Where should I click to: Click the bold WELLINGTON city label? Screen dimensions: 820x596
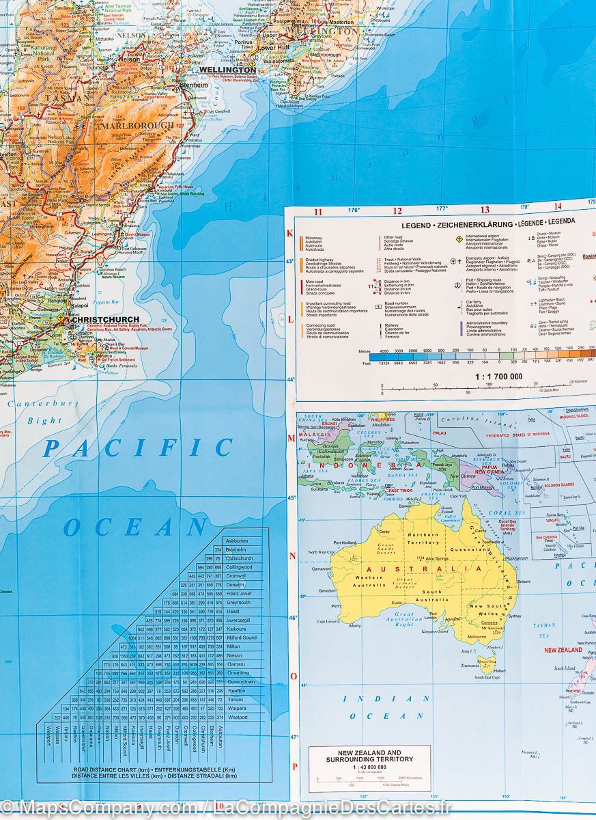227,70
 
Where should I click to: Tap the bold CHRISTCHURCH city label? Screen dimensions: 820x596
104,319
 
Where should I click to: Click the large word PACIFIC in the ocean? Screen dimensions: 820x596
137,448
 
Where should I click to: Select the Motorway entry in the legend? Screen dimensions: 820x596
316,236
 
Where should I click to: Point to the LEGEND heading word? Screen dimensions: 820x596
416,225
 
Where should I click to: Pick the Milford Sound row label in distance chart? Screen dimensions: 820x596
241,638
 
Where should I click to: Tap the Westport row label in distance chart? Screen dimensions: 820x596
239,717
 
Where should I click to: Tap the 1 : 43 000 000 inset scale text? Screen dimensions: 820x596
369,767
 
